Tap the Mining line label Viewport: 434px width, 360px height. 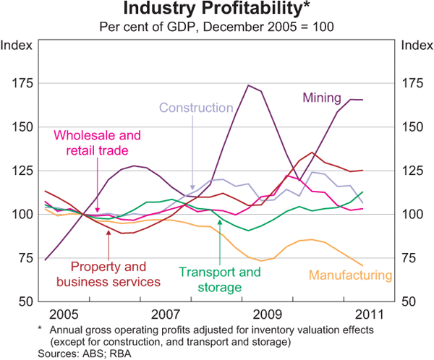point(322,97)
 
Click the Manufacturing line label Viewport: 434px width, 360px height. point(350,275)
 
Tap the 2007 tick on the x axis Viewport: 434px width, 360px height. point(166,315)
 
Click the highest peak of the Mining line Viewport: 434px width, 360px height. point(249,85)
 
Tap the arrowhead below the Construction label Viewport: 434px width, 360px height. point(192,187)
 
